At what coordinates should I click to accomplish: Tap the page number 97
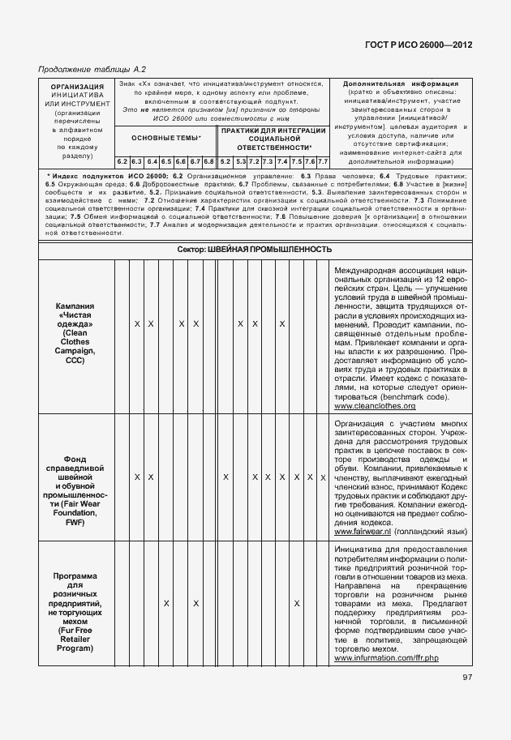click(x=467, y=678)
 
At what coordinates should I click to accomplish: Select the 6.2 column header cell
click(x=122, y=160)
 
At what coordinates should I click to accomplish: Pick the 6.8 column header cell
click(x=208, y=160)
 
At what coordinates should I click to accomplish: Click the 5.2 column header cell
click(x=225, y=160)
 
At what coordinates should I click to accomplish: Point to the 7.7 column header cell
click(x=323, y=160)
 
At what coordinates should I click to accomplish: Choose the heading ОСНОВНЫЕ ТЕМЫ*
click(x=165, y=138)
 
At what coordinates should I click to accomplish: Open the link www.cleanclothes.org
click(x=375, y=405)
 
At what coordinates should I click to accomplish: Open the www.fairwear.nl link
click(x=362, y=531)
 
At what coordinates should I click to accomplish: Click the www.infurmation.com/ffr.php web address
click(x=386, y=657)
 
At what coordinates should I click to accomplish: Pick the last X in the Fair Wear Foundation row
click(x=323, y=477)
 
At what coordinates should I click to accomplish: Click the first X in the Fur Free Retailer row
click(x=166, y=604)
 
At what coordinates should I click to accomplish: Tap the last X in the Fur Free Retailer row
click(x=297, y=604)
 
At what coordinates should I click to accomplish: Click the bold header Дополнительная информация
click(x=401, y=83)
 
